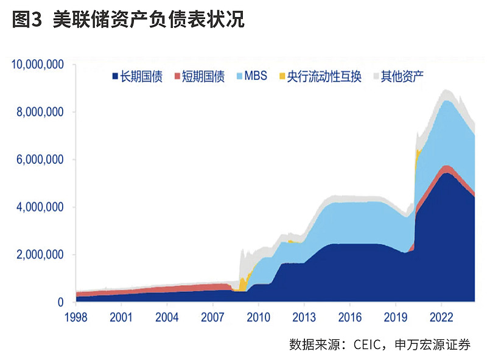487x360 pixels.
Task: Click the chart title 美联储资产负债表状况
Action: pyautogui.click(x=149, y=20)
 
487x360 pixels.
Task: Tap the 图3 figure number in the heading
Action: pyautogui.click(x=26, y=20)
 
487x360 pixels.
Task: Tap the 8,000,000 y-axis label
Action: pyautogui.click(x=41, y=112)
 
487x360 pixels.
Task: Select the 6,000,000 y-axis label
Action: pyautogui.click(x=41, y=160)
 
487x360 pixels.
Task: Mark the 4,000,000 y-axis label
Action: pyautogui.click(x=41, y=207)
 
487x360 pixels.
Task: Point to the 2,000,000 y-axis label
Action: pyautogui.click(x=41, y=255)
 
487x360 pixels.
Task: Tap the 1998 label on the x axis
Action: pyautogui.click(x=75, y=317)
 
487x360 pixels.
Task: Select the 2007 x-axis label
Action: pyautogui.click(x=212, y=317)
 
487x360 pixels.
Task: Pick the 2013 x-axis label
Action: pyautogui.click(x=304, y=317)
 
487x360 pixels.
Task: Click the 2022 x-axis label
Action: pyautogui.click(x=441, y=317)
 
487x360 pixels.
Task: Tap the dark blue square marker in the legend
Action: pyautogui.click(x=114, y=77)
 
